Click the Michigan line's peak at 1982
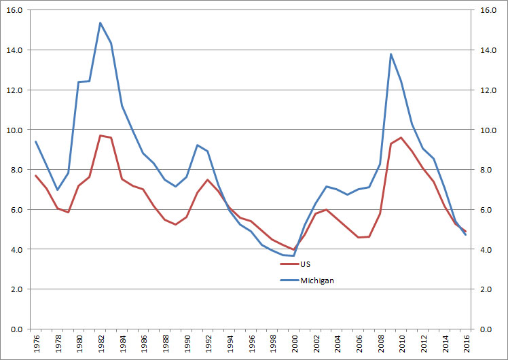[100, 23]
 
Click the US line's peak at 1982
[100, 135]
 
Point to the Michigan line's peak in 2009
[391, 54]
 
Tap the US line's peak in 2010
[401, 138]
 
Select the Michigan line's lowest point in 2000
[293, 255]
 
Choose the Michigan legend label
[316, 280]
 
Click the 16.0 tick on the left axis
[15, 11]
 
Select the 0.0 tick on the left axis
[17, 329]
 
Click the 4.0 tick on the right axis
[488, 249]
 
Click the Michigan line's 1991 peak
[197, 145]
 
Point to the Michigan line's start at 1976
[35, 141]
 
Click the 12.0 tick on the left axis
[15, 90]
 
